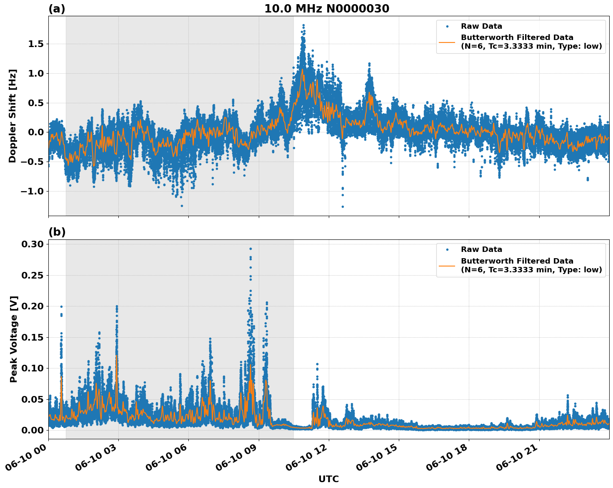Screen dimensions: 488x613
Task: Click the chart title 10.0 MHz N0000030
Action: tap(327, 9)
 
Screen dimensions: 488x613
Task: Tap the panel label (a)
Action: tap(57, 9)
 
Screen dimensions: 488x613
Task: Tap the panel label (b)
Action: tap(57, 232)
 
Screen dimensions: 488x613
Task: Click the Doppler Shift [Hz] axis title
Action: tap(13, 116)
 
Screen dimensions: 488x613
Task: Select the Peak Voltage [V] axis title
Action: tap(14, 339)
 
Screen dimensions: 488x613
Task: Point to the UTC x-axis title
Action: tap(328, 479)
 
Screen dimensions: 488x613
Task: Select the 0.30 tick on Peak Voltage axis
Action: tap(33, 244)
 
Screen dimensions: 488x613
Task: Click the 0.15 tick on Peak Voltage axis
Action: tap(33, 337)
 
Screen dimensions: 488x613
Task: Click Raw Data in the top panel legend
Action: tap(481, 27)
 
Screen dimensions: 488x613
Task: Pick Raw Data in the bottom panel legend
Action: tap(481, 250)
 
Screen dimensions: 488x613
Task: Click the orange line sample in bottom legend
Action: tap(447, 265)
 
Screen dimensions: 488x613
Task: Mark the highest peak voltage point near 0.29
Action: tap(250, 249)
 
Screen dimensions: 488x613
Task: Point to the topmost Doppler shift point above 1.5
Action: tap(303, 25)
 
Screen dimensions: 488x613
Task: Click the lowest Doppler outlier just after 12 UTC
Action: tap(343, 207)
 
